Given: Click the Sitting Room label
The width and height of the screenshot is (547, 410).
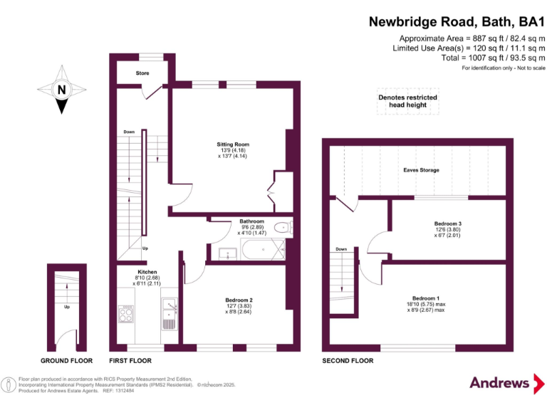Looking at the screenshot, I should tap(233, 144).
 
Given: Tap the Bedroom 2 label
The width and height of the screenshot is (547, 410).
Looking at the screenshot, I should tap(239, 300).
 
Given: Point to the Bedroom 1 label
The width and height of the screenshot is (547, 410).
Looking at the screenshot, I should tap(426, 298).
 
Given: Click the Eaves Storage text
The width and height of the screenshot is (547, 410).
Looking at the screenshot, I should tap(421, 170).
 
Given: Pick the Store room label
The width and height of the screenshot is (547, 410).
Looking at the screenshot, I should tap(142, 73).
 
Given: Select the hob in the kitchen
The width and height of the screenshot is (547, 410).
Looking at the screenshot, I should tap(127, 315).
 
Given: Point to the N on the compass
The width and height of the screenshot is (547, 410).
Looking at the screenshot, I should tap(62, 90).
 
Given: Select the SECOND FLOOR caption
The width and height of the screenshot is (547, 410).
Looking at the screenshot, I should tap(348, 361).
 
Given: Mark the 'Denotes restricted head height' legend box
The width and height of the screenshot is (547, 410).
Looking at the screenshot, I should tap(407, 101).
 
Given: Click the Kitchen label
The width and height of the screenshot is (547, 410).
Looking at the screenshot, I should tap(147, 272).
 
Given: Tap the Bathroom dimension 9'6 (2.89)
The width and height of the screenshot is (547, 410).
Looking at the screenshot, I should tap(251, 227).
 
